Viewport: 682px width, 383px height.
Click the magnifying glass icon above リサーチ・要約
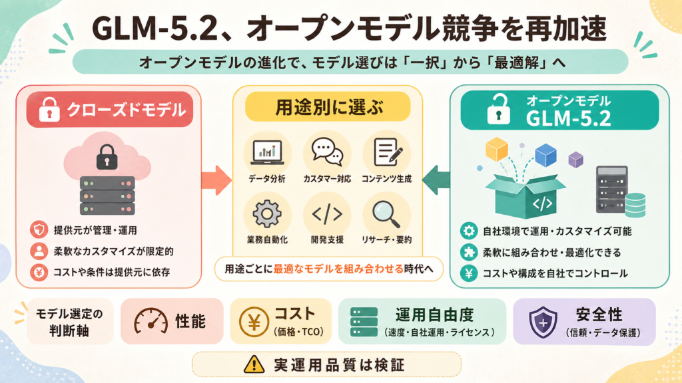click(x=386, y=214)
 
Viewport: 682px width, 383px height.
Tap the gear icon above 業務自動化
click(x=267, y=213)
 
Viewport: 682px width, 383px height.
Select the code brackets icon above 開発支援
click(x=327, y=214)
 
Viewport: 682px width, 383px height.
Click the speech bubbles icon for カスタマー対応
click(x=327, y=152)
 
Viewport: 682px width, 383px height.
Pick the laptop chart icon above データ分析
click(x=267, y=152)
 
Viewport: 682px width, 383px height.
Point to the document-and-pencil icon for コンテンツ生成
click(x=388, y=152)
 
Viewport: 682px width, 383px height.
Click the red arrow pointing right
click(x=216, y=180)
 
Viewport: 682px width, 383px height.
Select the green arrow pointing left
click(x=436, y=180)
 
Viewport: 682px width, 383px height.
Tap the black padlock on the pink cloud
click(x=107, y=157)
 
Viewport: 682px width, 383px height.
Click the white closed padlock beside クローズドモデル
click(x=49, y=110)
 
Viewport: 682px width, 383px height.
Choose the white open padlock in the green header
click(x=498, y=110)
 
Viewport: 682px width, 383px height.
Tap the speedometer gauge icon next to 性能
click(x=151, y=321)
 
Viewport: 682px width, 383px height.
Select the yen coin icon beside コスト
click(x=254, y=322)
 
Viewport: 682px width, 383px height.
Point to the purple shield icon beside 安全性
click(x=543, y=322)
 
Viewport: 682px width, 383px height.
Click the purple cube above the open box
click(x=575, y=160)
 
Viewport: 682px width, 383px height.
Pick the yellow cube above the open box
click(x=497, y=149)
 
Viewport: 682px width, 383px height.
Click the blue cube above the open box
click(x=546, y=155)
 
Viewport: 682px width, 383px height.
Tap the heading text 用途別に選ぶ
click(x=328, y=107)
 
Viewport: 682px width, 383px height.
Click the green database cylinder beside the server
click(x=635, y=205)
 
